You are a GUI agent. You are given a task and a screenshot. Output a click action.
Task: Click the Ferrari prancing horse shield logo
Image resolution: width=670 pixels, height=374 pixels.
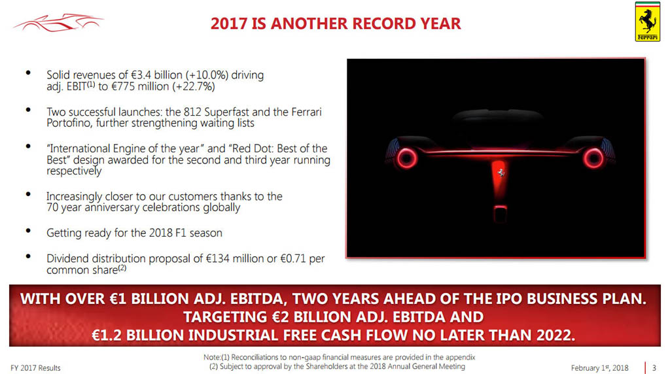(647, 22)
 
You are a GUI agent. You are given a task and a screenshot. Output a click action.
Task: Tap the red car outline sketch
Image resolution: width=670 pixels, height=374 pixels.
(58, 23)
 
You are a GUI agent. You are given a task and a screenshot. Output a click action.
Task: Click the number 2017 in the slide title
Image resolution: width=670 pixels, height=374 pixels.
(229, 24)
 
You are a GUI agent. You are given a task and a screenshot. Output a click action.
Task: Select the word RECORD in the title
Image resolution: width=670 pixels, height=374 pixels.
(384, 24)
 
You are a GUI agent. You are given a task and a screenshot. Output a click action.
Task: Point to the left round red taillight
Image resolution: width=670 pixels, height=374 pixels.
(406, 158)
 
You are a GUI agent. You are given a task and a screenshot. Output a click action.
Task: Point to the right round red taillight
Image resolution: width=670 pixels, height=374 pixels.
(593, 158)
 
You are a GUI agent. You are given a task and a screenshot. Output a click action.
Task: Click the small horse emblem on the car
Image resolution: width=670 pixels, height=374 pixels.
(501, 173)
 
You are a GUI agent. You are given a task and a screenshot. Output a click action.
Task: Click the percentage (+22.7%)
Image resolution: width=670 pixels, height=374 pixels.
(194, 87)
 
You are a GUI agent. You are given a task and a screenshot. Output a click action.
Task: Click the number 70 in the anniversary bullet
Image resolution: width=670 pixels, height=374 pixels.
(52, 207)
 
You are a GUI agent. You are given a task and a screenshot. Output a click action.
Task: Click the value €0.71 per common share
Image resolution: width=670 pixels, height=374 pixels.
(294, 259)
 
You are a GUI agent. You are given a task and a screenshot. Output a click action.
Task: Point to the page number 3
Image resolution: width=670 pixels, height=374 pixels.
(654, 367)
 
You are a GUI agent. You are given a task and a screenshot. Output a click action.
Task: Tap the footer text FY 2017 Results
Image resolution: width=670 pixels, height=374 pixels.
(35, 368)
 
